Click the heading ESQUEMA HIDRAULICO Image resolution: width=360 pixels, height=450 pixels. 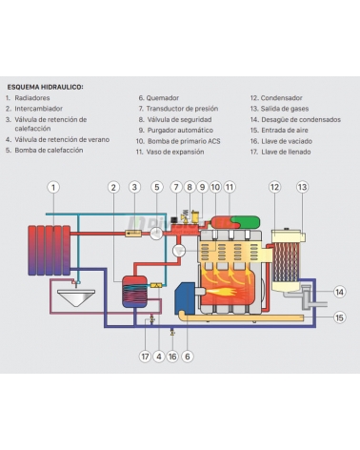[45, 86]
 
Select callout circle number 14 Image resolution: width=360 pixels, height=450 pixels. [340, 292]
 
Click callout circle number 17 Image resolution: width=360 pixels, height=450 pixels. [146, 357]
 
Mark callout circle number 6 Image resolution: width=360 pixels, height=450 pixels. [187, 357]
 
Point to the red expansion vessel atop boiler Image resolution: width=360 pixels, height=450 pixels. [226, 222]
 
